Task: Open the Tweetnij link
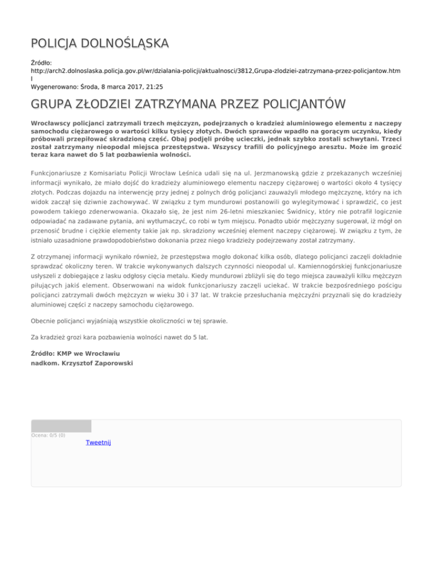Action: pyautogui.click(x=98, y=442)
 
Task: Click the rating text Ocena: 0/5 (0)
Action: pyautogui.click(x=48, y=435)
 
